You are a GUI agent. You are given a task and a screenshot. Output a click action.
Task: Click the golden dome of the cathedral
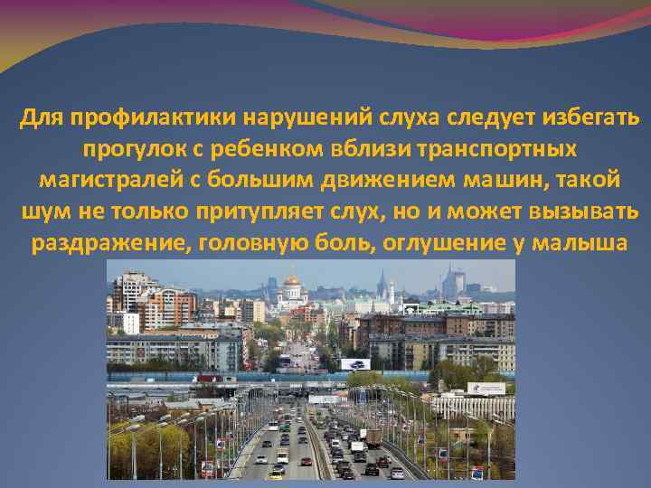click(x=292, y=281)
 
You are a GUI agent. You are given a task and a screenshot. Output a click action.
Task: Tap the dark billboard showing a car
click(x=355, y=364)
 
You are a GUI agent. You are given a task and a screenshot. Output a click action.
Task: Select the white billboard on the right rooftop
click(x=486, y=388)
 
